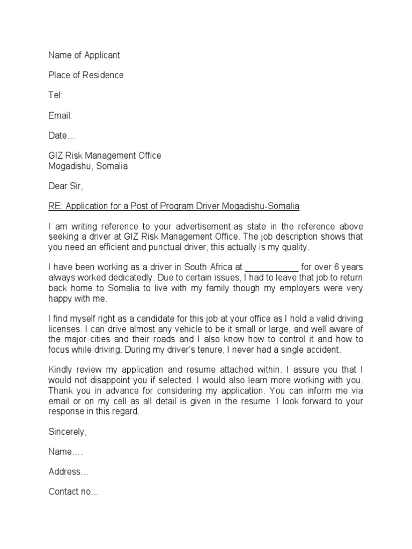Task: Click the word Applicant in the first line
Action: [x=101, y=55]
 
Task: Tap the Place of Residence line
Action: [x=86, y=75]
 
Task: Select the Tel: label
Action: [x=55, y=95]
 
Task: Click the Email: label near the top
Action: [x=60, y=115]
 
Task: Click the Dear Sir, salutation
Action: [x=66, y=187]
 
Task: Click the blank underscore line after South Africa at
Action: [x=271, y=268]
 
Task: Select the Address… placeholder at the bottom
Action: [x=69, y=472]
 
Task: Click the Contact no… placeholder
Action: [x=73, y=492]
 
